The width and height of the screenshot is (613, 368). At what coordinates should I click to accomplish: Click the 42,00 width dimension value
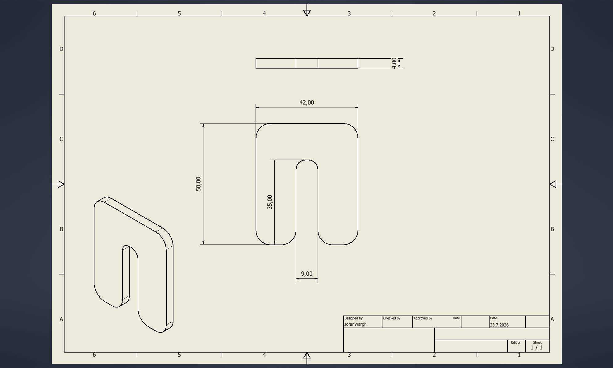(306, 102)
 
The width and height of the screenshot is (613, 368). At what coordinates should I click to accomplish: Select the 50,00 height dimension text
(198, 184)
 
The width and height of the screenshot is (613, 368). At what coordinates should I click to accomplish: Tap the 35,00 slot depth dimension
(270, 202)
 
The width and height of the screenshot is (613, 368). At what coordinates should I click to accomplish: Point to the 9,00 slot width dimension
(306, 274)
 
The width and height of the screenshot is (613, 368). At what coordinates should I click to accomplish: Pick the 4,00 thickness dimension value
(394, 63)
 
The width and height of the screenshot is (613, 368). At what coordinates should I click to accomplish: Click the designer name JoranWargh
(355, 324)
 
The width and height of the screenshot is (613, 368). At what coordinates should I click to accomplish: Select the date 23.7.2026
(499, 325)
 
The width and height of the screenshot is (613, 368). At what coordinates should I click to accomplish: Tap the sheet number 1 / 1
(536, 348)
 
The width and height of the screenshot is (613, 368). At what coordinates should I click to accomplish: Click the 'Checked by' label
(392, 318)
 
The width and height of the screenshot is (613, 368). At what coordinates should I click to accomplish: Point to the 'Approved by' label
(423, 318)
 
